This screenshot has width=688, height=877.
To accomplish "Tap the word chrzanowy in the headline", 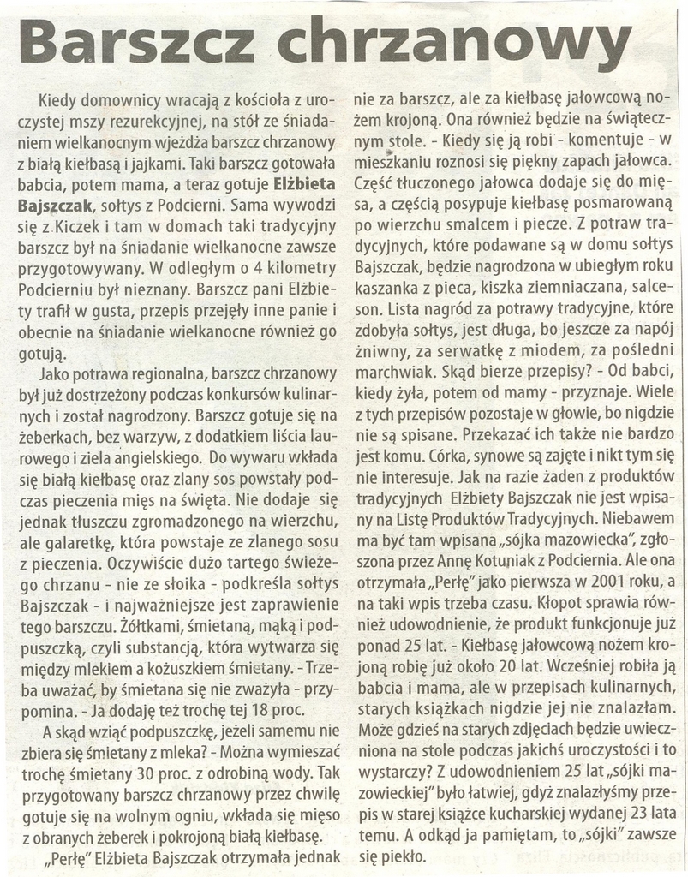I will click(x=455, y=44).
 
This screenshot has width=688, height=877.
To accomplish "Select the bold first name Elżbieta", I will click(x=304, y=183).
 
